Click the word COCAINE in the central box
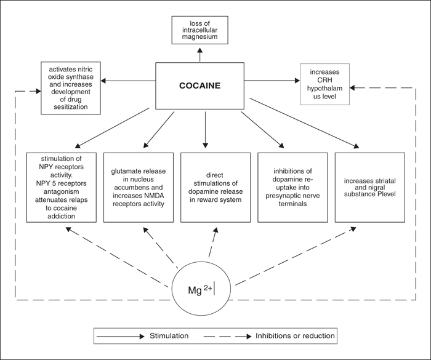tap(200, 86)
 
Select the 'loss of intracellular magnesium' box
tap(200, 30)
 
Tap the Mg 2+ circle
tap(201, 289)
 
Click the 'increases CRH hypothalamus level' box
tap(324, 84)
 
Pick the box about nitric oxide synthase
tap(71, 88)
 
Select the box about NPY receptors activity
tap(62, 188)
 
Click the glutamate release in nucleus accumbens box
tap(139, 188)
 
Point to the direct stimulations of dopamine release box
tap(216, 188)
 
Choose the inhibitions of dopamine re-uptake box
tap(292, 188)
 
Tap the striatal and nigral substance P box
tap(370, 188)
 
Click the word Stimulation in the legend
tap(169, 335)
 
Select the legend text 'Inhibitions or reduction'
tap(295, 335)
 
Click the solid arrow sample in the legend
tap(121, 337)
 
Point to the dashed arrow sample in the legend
tap(228, 337)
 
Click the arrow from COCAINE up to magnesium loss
tap(200, 54)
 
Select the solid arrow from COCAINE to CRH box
tap(272, 81)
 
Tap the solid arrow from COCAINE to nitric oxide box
tap(128, 81)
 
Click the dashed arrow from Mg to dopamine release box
tap(213, 242)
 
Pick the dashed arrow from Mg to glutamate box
tap(161, 247)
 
